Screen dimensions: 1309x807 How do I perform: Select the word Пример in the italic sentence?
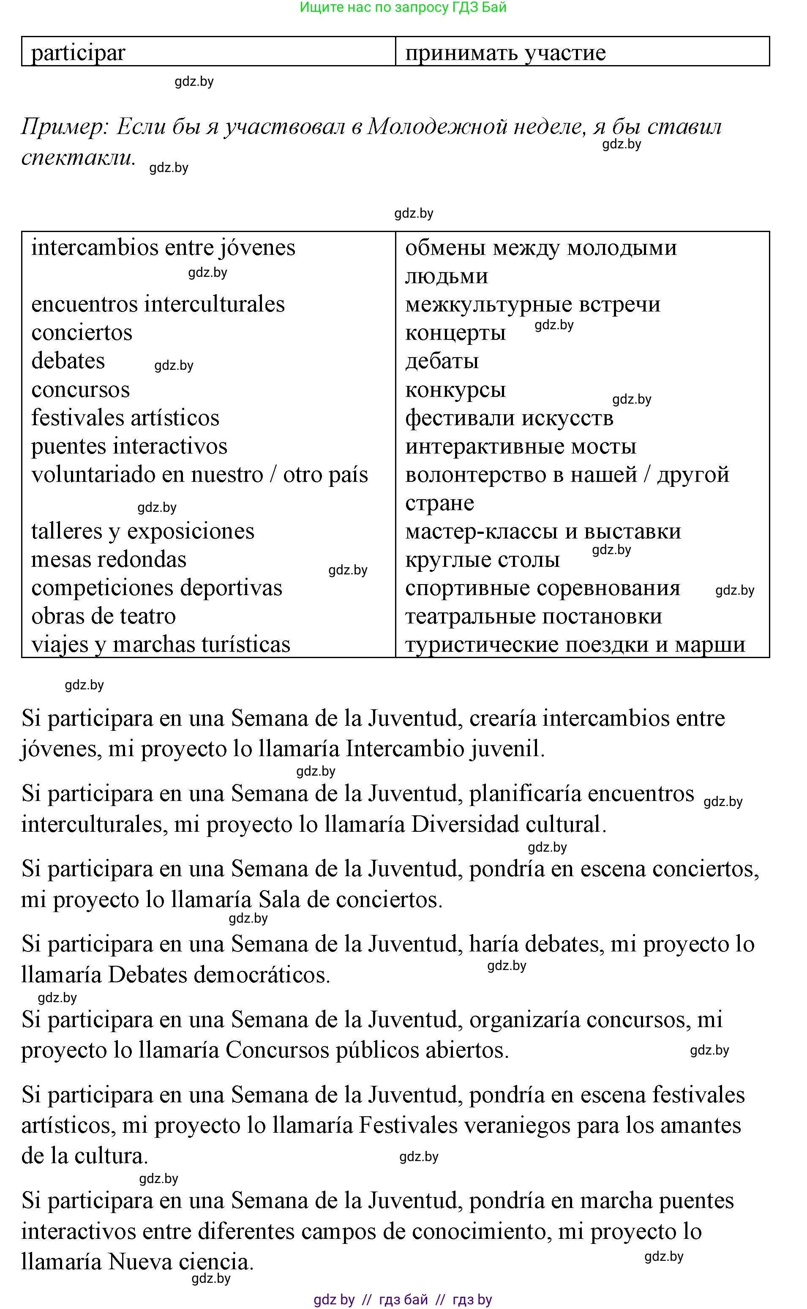pyautogui.click(x=65, y=127)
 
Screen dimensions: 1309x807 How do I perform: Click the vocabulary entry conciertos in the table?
pyautogui.click(x=82, y=333)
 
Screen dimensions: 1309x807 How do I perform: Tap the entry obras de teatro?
pyautogui.click(x=104, y=616)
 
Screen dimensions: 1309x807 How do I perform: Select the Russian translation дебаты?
pyautogui.click(x=442, y=361)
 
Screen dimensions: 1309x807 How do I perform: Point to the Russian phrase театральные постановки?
pyautogui.click(x=533, y=616)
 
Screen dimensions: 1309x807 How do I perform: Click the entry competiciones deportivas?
pyautogui.click(x=156, y=588)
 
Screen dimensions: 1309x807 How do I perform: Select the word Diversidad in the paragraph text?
pyautogui.click(x=465, y=824)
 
